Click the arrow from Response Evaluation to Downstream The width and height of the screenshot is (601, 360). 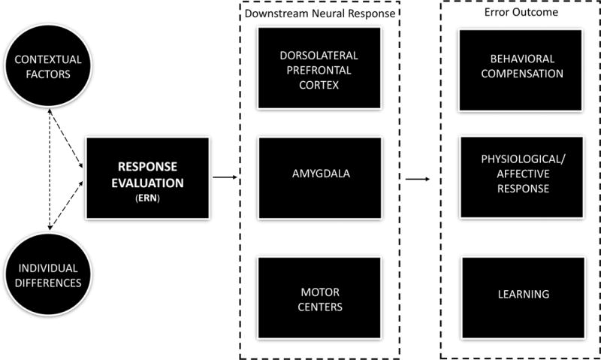click(x=224, y=178)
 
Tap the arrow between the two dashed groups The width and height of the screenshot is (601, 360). click(x=417, y=180)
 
